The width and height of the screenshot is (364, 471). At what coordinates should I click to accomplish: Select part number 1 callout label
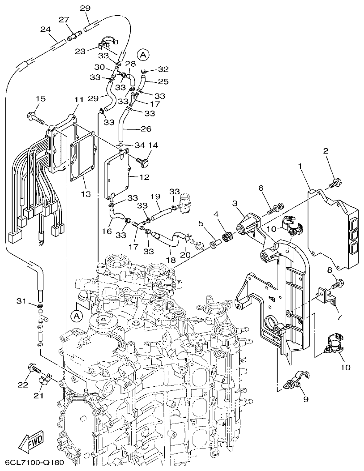click(x=300, y=167)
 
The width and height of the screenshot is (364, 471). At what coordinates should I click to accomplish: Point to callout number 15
click(x=40, y=98)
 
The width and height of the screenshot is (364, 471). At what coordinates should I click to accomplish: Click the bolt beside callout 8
click(x=338, y=283)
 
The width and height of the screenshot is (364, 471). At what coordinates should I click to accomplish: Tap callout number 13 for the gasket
click(x=86, y=194)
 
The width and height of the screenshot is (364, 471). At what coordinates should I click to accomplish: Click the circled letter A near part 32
click(x=143, y=55)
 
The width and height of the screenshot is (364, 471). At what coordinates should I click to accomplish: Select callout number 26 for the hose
click(x=146, y=129)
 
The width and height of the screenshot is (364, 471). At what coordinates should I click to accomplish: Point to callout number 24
click(x=45, y=30)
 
